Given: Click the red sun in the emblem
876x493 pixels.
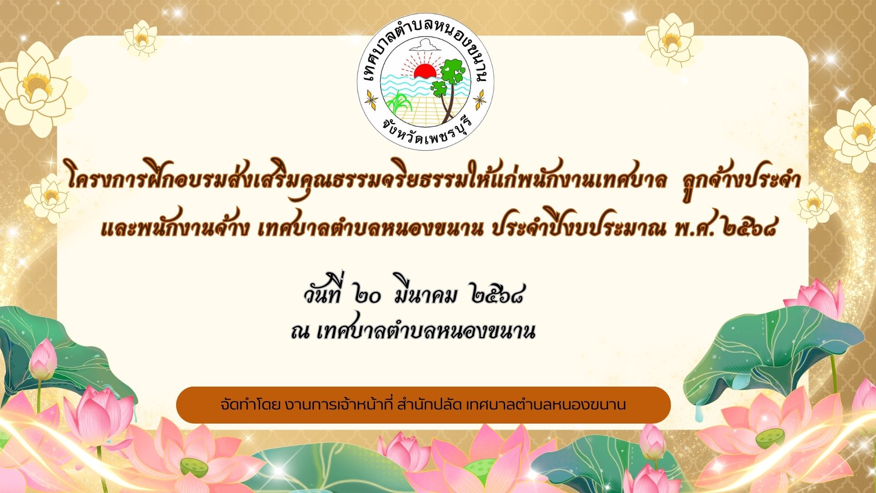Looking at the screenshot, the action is [425, 72].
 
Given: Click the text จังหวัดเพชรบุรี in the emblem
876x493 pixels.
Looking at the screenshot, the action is [427, 129].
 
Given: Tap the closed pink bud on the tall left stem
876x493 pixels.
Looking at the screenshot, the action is [43, 359].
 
